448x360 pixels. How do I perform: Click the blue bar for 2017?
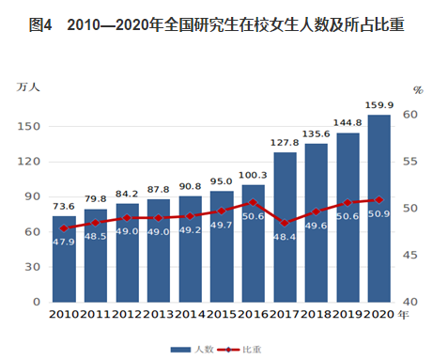[285, 227]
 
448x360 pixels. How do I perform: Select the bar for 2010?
[64, 259]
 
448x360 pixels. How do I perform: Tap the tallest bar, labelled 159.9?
[379, 209]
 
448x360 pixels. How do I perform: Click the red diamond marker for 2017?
[285, 223]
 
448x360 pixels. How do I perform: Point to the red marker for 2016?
[253, 202]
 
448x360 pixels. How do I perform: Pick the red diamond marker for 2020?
[379, 200]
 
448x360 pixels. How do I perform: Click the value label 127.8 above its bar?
[285, 143]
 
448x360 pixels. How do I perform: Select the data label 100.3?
[253, 175]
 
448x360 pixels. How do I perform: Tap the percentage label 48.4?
[285, 237]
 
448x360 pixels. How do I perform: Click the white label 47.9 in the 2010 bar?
[64, 242]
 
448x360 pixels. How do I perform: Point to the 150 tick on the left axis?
[29, 127]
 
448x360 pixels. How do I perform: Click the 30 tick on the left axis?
[33, 267]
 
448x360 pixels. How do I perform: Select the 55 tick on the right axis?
[410, 162]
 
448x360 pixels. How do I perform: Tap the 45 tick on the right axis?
[410, 255]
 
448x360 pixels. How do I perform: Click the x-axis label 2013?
[159, 314]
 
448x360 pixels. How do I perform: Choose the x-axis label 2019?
[348, 314]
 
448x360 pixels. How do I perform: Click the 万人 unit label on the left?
[28, 86]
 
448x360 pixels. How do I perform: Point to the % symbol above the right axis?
[418, 90]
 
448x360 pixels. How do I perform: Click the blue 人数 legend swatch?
[180, 350]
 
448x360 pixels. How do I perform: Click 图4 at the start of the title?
[40, 24]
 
